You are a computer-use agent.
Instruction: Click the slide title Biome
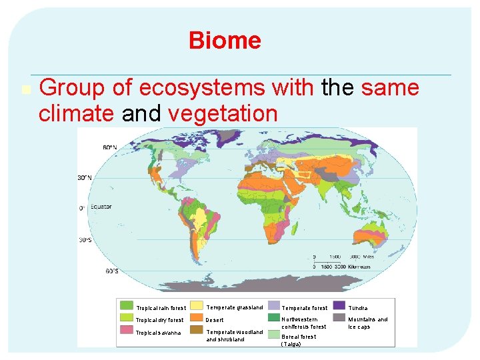[x=225, y=41]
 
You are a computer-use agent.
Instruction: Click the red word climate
[x=76, y=114]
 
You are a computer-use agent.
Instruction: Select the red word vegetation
[x=223, y=114]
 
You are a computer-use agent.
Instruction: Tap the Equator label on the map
[x=101, y=207]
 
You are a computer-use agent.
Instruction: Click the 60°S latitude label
[x=111, y=271]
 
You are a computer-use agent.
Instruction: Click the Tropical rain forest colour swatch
[x=126, y=306]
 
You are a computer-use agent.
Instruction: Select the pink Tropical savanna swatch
[x=126, y=331]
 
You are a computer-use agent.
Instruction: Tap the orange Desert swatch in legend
[x=197, y=318]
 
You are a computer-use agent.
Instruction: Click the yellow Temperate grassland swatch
[x=197, y=306]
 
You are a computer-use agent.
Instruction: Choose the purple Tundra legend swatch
[x=339, y=306]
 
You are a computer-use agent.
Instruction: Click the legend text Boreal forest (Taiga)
[x=299, y=340]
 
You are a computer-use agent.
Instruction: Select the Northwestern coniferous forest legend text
[x=304, y=323]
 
